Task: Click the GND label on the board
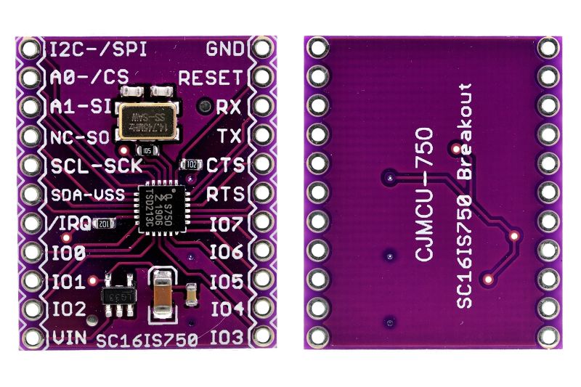[x=226, y=49]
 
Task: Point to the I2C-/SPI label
[x=98, y=49]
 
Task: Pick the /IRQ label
[x=69, y=224]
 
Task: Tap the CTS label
[x=225, y=164]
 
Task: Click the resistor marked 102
[x=191, y=165]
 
